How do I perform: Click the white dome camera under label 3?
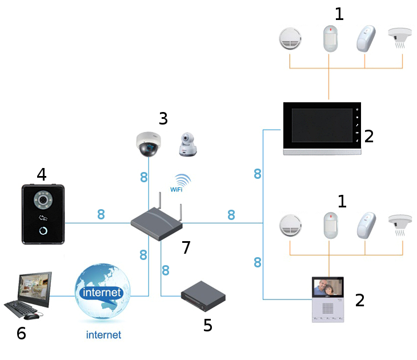(149, 143)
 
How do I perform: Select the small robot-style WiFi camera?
(188, 145)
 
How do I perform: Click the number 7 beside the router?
(186, 247)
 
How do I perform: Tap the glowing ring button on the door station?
(43, 230)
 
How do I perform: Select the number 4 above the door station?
(41, 174)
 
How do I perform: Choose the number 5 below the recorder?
(208, 325)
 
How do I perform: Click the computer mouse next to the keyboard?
(32, 315)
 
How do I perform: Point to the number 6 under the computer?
(21, 333)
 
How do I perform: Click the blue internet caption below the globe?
(103, 335)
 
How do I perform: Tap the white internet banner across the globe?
(102, 293)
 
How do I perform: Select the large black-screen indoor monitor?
(322, 129)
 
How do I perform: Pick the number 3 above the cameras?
(163, 119)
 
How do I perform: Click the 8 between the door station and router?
(101, 215)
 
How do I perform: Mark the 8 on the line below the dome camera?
(144, 178)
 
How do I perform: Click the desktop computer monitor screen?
(34, 286)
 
